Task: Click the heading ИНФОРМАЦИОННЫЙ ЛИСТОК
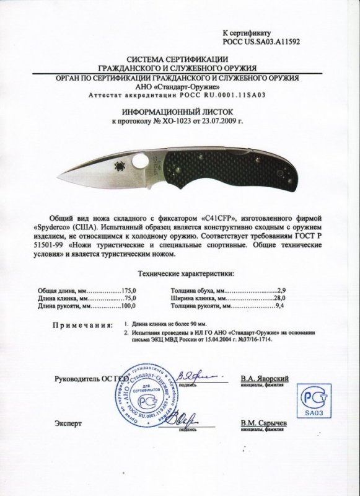pos(180,107)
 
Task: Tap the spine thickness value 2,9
pos(286,290)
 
